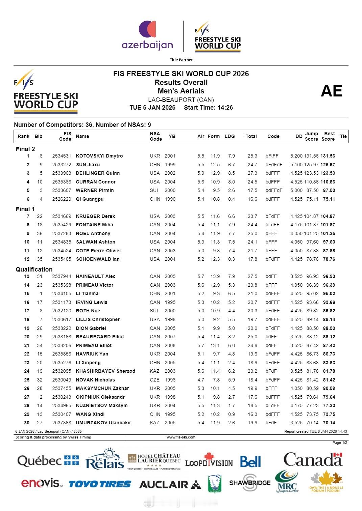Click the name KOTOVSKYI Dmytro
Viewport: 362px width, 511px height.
pyautogui.click(x=99, y=156)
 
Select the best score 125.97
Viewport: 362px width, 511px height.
pyautogui.click(x=328, y=165)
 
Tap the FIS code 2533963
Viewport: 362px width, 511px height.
pyautogui.click(x=62, y=173)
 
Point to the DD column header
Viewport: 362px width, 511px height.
pyautogui.click(x=299, y=136)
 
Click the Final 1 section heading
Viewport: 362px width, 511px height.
pyautogui.click(x=25, y=209)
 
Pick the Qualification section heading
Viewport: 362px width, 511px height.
pyautogui.click(x=34, y=269)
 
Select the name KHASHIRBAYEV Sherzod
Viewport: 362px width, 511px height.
pyautogui.click(x=105, y=371)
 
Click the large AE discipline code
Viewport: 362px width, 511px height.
pyautogui.click(x=331, y=91)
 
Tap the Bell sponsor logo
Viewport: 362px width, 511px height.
pyautogui.click(x=250, y=462)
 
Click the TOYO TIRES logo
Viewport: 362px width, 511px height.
pyautogui.click(x=100, y=484)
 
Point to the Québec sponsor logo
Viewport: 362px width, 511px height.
pyautogui.click(x=48, y=461)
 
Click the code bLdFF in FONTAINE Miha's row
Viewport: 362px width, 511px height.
pyautogui.click(x=272, y=225)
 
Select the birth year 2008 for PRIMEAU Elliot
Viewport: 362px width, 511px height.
pyautogui.click(x=170, y=345)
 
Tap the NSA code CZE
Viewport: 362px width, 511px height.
pyautogui.click(x=155, y=380)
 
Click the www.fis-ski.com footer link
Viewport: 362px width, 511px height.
pyautogui.click(x=181, y=437)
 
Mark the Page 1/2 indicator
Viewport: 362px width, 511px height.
pyautogui.click(x=339, y=443)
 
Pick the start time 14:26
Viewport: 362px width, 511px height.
pyautogui.click(x=224, y=108)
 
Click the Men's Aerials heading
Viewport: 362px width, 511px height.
pyautogui.click(x=181, y=91)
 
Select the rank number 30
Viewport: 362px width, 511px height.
pyautogui.click(x=27, y=423)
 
